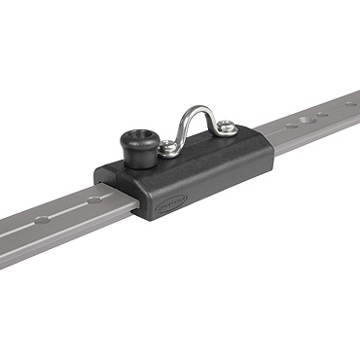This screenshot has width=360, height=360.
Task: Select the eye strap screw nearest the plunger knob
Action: (169, 148)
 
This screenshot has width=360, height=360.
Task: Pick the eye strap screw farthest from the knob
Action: (225, 126)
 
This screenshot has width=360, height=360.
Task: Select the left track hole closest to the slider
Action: (93, 199)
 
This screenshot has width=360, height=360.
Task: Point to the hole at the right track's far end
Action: (351, 100)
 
